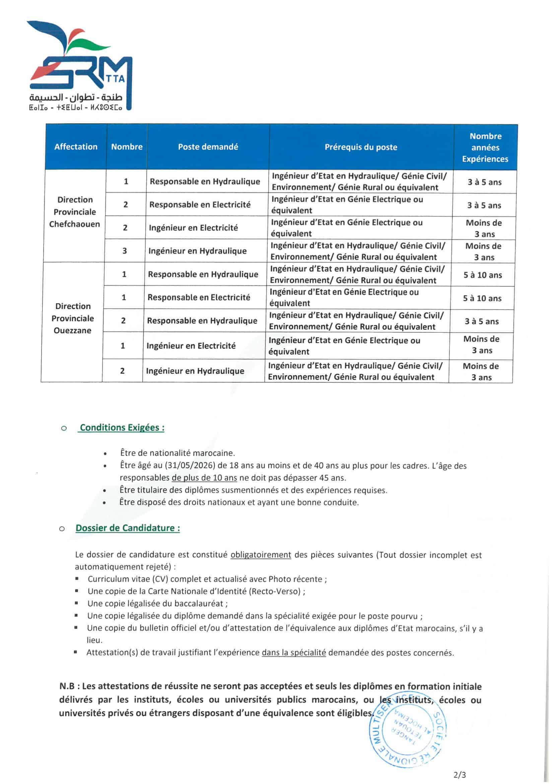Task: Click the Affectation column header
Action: tap(76, 147)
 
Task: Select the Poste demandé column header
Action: tap(208, 147)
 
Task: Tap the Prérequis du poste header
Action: tap(361, 147)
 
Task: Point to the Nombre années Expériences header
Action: tap(485, 148)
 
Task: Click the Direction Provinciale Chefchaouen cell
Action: tap(74, 212)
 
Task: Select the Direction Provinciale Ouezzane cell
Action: tap(73, 318)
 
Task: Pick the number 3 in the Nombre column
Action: tap(125, 251)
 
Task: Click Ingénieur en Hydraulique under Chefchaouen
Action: tap(198, 251)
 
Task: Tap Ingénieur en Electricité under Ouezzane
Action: tap(191, 346)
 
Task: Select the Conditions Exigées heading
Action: tap(122, 428)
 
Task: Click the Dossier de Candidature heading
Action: tap(128, 528)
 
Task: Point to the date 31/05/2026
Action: tap(190, 465)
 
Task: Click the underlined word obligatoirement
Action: tap(261, 555)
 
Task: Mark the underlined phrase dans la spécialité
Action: tap(294, 653)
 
